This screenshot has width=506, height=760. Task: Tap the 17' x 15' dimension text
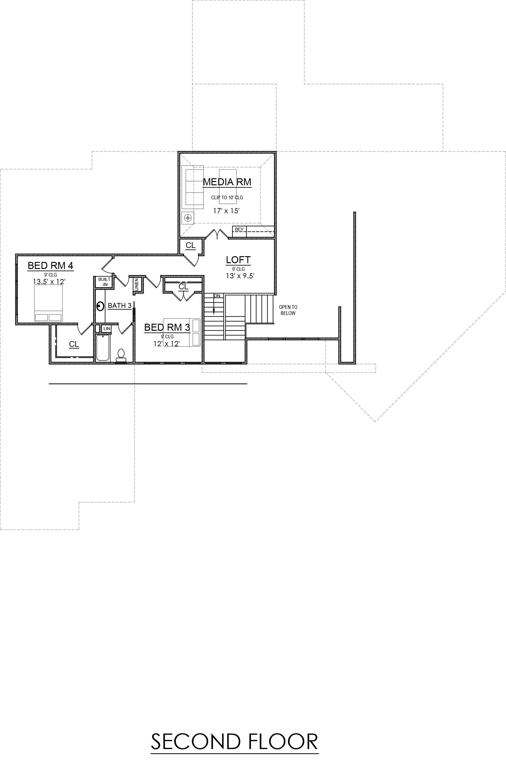pyautogui.click(x=226, y=211)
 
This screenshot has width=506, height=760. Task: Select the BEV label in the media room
pyautogui.click(x=239, y=229)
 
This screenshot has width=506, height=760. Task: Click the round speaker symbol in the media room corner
pyautogui.click(x=188, y=218)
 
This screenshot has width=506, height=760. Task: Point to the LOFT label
pyautogui.click(x=238, y=260)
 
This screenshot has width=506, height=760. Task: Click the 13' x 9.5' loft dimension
pyautogui.click(x=240, y=276)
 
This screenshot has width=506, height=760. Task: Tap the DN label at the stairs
pyautogui.click(x=217, y=296)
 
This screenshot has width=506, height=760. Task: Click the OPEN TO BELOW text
pyautogui.click(x=288, y=310)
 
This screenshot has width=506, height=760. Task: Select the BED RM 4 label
pyautogui.click(x=50, y=266)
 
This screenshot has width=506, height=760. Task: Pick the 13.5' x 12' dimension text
pyautogui.click(x=49, y=281)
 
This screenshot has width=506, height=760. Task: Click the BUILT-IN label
pyautogui.click(x=104, y=281)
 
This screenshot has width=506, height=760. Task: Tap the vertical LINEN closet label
pyautogui.click(x=137, y=285)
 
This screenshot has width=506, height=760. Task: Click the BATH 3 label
pyautogui.click(x=120, y=305)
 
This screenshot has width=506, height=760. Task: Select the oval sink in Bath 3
pyautogui.click(x=100, y=306)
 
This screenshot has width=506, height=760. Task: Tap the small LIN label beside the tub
pyautogui.click(x=106, y=329)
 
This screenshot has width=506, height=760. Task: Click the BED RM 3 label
pyautogui.click(x=167, y=327)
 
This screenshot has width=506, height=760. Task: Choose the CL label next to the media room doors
pyautogui.click(x=190, y=245)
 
